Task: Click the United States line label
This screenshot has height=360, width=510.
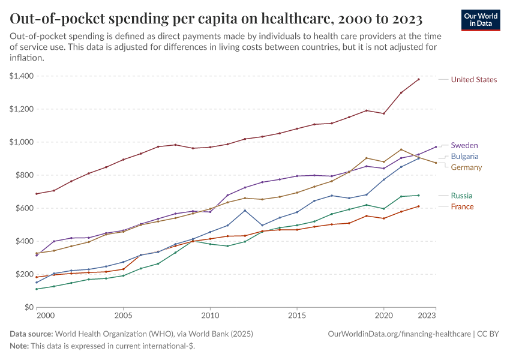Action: click(473, 80)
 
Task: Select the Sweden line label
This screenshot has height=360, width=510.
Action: click(464, 145)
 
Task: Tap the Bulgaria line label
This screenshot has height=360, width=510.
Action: click(464, 157)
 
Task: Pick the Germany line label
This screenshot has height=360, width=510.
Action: click(466, 167)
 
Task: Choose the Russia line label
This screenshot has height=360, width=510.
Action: click(461, 196)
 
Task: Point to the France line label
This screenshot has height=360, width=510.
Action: click(462, 206)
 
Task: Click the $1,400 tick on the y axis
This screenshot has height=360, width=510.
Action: click(22, 76)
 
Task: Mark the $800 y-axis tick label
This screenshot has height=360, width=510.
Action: click(24, 175)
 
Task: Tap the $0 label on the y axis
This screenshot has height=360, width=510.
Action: click(28, 307)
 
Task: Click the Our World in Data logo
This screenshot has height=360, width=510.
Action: click(481, 20)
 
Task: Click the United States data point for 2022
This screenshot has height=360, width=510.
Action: click(401, 92)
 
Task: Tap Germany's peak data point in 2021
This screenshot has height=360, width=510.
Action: click(401, 149)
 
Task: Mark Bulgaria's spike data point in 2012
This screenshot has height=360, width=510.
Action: click(245, 210)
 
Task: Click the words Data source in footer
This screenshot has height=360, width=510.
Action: click(31, 334)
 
